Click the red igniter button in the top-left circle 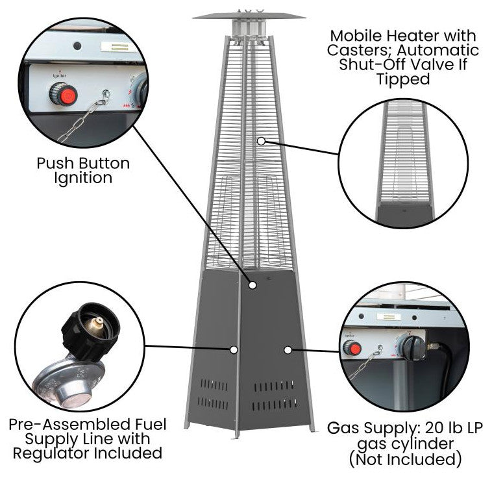(64, 95)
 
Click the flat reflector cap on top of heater (249, 15)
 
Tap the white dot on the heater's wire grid (260, 140)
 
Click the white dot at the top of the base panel (252, 284)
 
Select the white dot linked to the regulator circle (233, 349)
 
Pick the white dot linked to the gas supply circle (287, 349)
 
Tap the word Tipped (402, 79)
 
